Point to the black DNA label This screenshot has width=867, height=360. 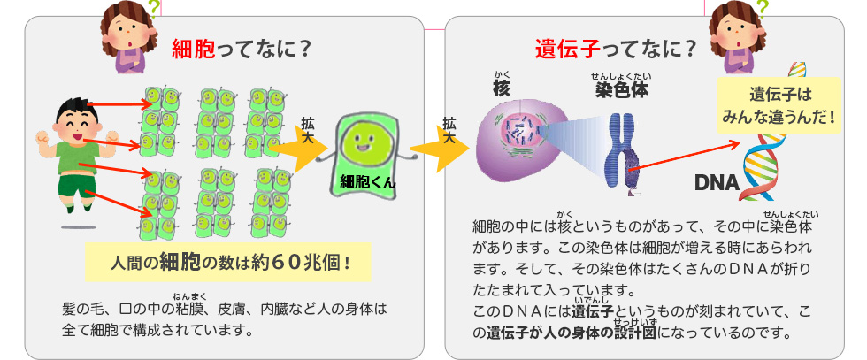tap(717, 182)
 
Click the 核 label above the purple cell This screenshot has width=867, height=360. tap(503, 88)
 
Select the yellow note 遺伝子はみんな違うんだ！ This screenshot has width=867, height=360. tap(779, 103)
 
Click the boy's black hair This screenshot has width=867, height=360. tap(72, 111)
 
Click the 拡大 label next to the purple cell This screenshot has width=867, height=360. tap(449, 130)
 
